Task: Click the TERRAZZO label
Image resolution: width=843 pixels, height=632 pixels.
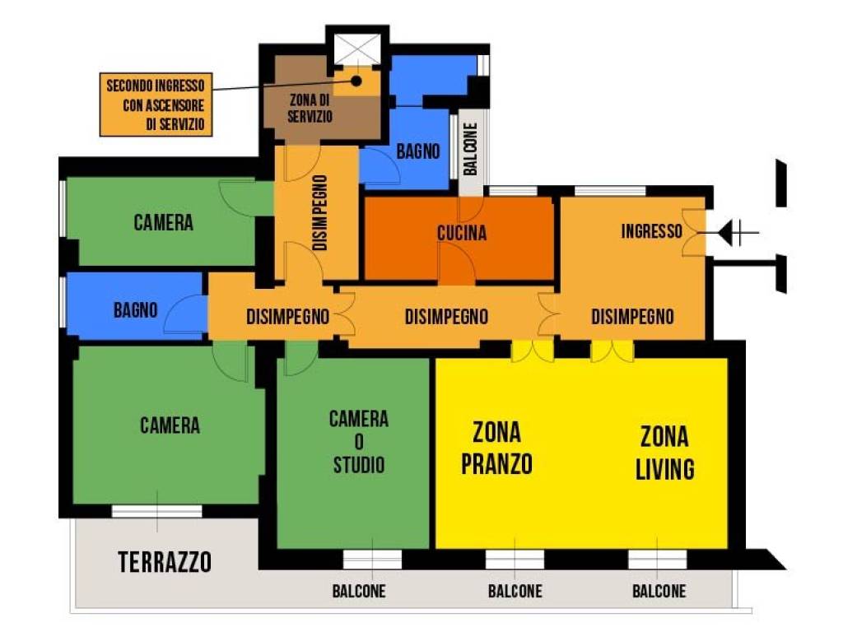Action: click(x=165, y=563)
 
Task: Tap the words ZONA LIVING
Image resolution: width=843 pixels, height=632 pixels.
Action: click(x=665, y=452)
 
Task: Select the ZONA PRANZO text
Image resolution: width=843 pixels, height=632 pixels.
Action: click(x=496, y=448)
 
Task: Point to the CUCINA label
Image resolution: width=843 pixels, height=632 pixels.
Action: click(x=462, y=234)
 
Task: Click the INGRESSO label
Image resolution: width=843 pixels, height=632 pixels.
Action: click(x=651, y=232)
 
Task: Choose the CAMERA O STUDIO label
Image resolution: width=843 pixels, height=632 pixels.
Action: click(x=359, y=442)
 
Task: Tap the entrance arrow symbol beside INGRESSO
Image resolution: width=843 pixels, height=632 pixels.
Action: click(x=733, y=235)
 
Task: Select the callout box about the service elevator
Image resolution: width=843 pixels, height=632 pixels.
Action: click(x=156, y=105)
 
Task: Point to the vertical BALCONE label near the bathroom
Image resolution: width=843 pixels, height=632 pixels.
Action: click(x=470, y=150)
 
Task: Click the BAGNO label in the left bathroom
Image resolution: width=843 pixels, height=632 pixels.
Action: click(x=135, y=310)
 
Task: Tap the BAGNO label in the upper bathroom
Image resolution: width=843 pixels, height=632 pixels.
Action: click(x=418, y=151)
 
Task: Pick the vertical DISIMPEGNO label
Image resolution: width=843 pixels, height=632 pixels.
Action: click(x=319, y=212)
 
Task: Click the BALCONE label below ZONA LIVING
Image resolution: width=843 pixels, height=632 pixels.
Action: click(x=659, y=591)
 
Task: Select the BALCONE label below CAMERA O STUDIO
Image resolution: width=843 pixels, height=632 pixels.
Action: click(x=359, y=591)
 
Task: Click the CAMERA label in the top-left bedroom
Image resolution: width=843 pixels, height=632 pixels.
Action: click(x=163, y=222)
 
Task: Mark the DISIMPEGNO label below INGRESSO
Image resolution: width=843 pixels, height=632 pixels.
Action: click(x=632, y=317)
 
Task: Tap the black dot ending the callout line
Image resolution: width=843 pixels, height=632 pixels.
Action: click(x=357, y=81)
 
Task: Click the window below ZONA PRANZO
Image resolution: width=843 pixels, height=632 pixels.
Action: click(x=515, y=560)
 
